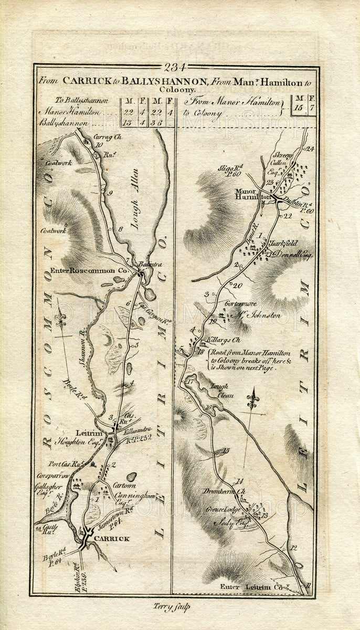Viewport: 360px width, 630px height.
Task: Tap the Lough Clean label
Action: (x=221, y=390)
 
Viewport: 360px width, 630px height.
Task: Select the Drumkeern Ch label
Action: (x=226, y=491)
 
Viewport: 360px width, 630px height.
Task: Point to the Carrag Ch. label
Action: (x=107, y=138)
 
